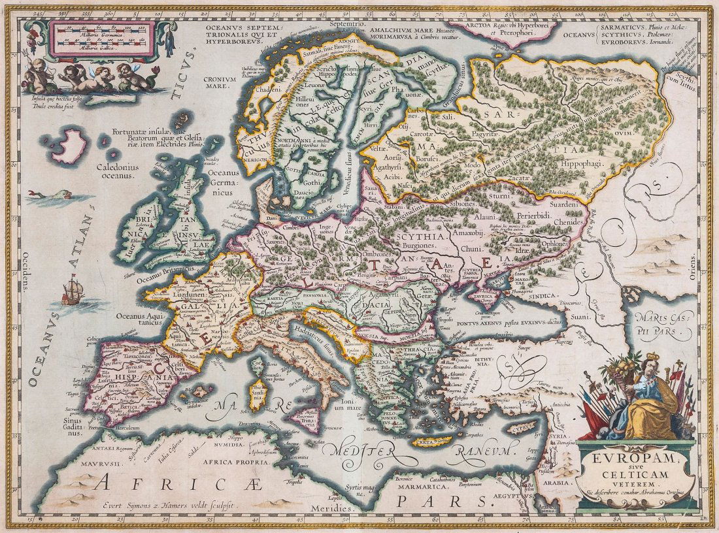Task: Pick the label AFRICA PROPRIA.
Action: click(231, 459)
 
